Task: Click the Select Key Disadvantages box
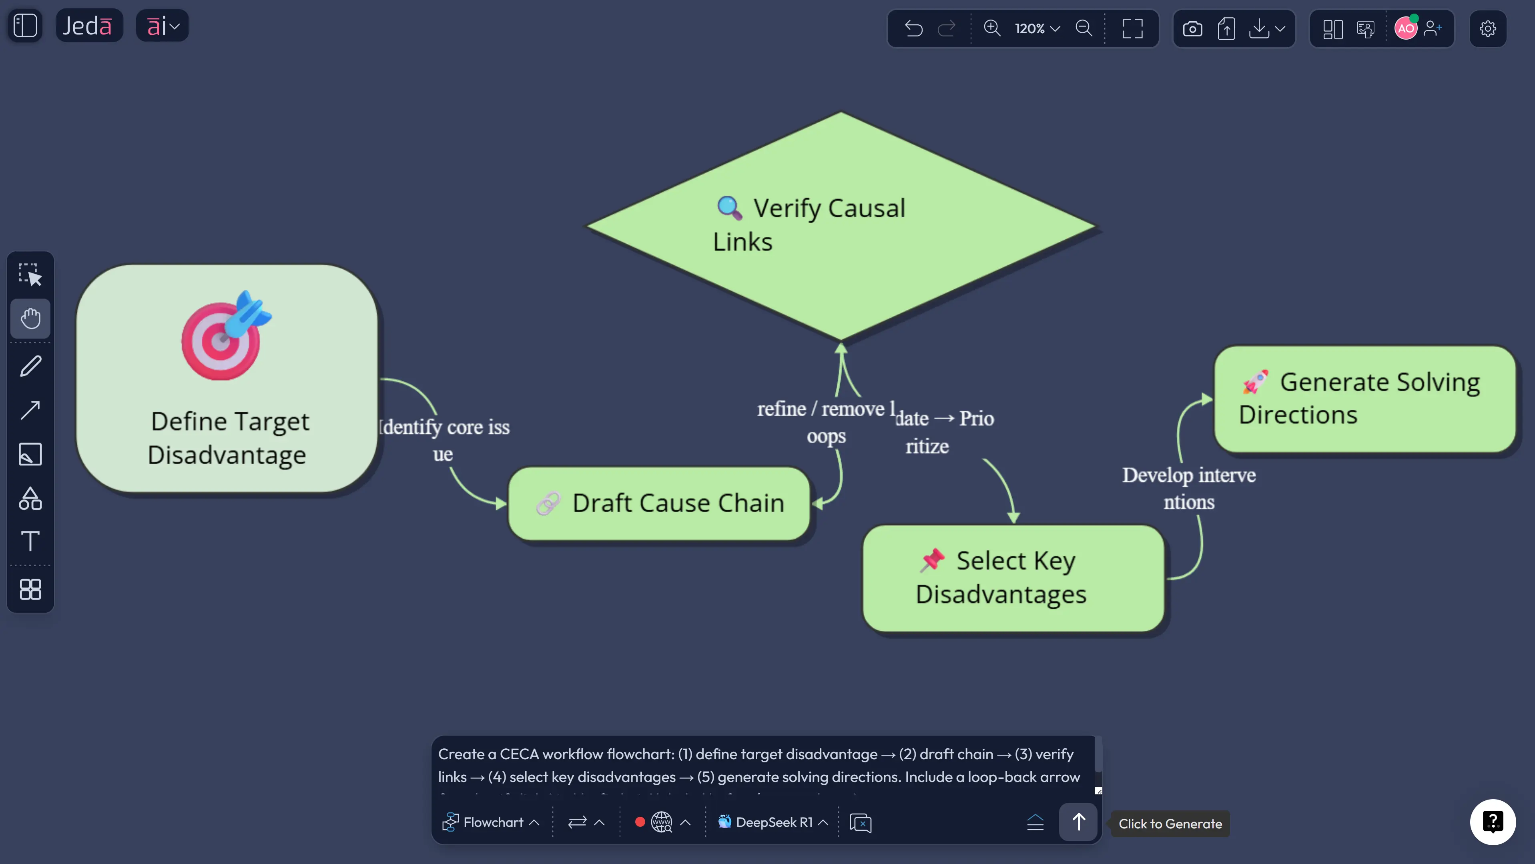1013,577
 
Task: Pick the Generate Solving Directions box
1364,398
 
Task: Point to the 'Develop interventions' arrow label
1189,488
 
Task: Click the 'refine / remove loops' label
826,422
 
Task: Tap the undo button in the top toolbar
913,28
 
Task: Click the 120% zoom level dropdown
1037,28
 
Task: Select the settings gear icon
1487,28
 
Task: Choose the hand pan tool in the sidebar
30,318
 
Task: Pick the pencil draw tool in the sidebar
30,366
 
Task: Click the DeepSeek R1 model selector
773,822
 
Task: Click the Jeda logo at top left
88,26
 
